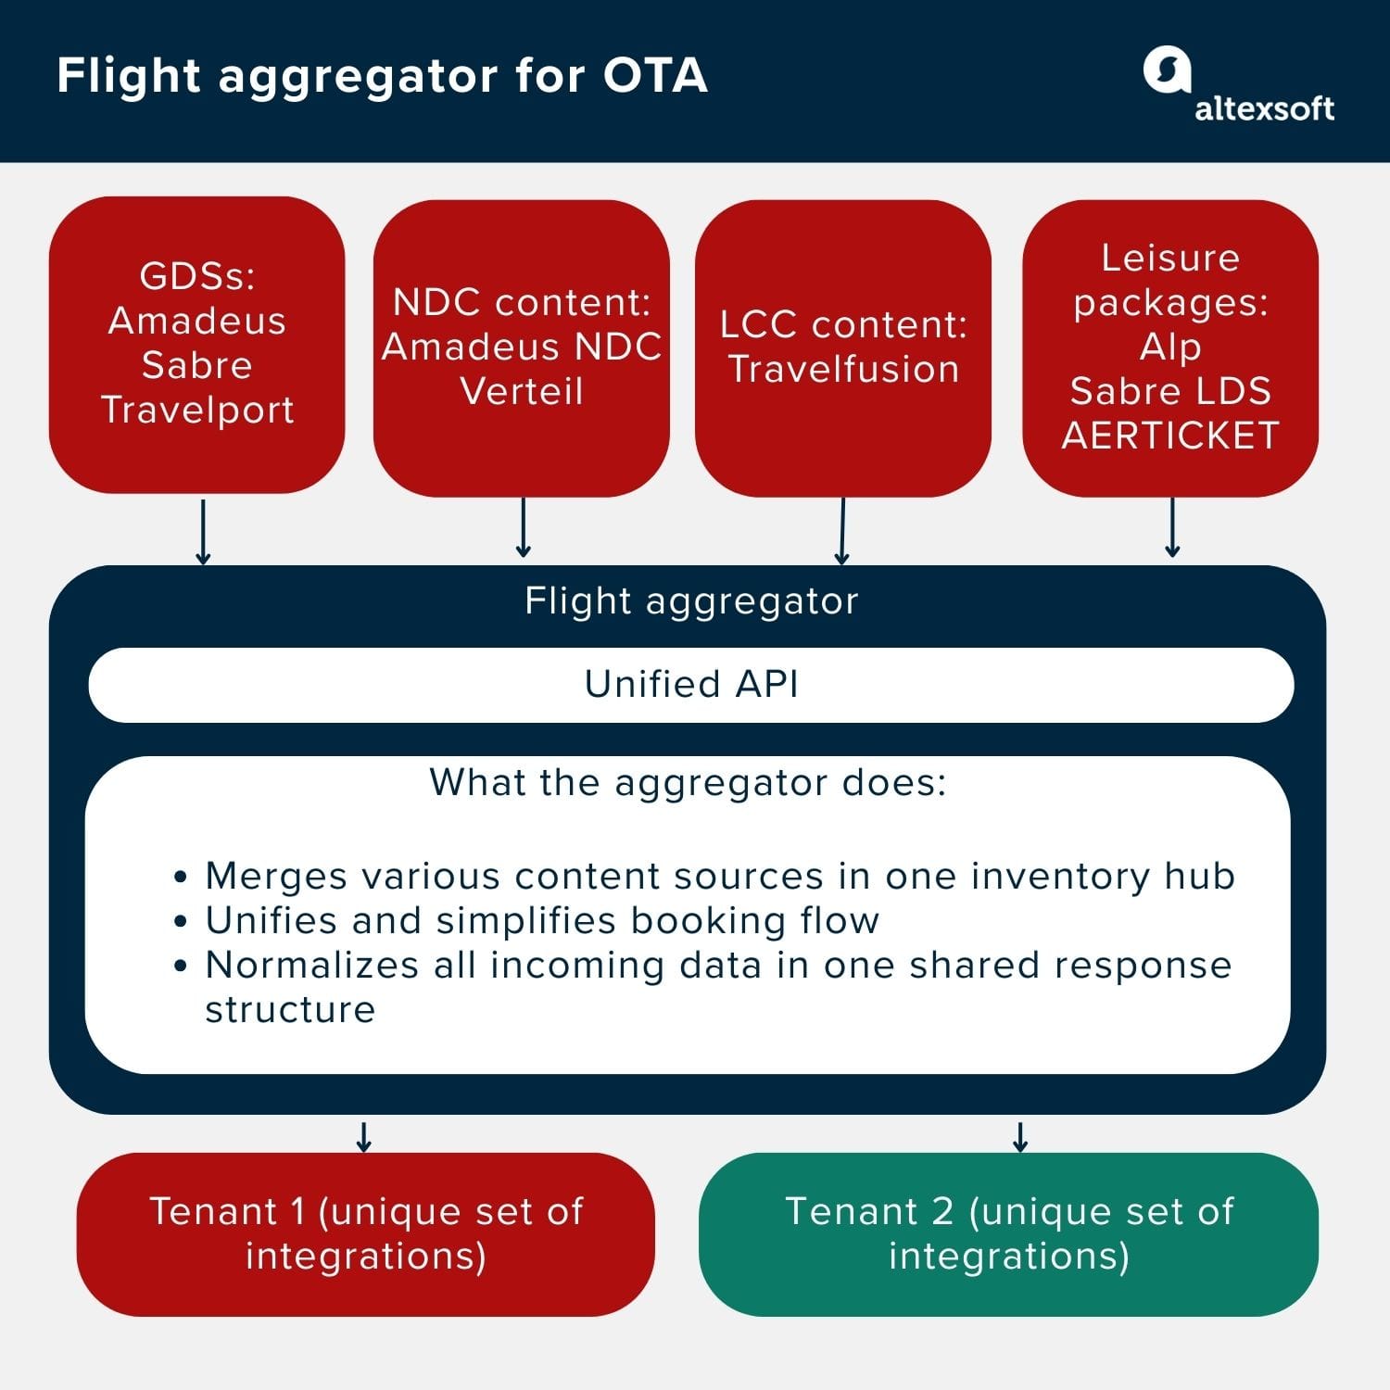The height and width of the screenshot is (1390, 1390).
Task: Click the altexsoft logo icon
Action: (1166, 69)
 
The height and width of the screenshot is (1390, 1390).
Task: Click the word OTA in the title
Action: (655, 76)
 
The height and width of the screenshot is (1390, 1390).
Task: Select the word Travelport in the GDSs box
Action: (197, 410)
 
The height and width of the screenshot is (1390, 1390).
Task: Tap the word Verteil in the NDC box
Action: (522, 391)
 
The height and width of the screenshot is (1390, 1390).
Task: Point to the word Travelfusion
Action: (843, 369)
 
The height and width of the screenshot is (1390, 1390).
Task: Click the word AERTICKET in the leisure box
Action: (1170, 436)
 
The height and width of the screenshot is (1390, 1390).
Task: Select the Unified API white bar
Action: (690, 685)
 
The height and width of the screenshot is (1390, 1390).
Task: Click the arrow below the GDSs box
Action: (203, 532)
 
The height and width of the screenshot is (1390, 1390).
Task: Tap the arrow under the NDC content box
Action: (523, 528)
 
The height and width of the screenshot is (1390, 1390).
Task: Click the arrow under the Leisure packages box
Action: (1172, 528)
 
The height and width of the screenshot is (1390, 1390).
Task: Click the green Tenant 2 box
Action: (1008, 1233)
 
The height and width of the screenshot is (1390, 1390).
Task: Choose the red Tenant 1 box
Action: (365, 1233)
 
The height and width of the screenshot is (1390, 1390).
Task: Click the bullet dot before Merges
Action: (181, 877)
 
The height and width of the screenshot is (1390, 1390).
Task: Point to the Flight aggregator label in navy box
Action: (691, 601)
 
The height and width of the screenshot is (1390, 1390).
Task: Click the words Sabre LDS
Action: (1170, 391)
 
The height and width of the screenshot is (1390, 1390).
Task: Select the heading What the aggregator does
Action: (688, 783)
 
